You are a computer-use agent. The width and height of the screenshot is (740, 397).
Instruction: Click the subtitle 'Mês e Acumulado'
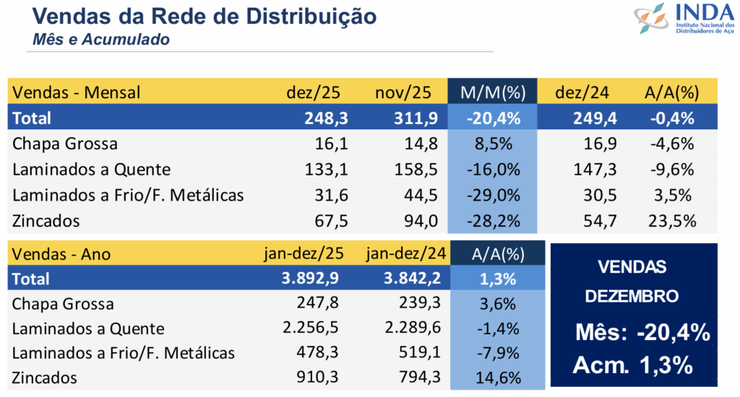[x=101, y=40]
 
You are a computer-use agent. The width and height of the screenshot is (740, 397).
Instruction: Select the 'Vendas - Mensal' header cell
[x=77, y=92]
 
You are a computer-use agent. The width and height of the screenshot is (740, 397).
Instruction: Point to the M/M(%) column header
[x=493, y=92]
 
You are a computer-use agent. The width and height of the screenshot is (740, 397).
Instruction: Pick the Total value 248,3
[x=326, y=118]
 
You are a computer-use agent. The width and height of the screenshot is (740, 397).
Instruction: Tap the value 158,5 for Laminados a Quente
[x=418, y=170]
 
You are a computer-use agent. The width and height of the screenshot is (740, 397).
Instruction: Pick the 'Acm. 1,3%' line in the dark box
[x=633, y=365]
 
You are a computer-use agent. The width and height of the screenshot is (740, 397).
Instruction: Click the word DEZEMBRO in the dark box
[x=632, y=296]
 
